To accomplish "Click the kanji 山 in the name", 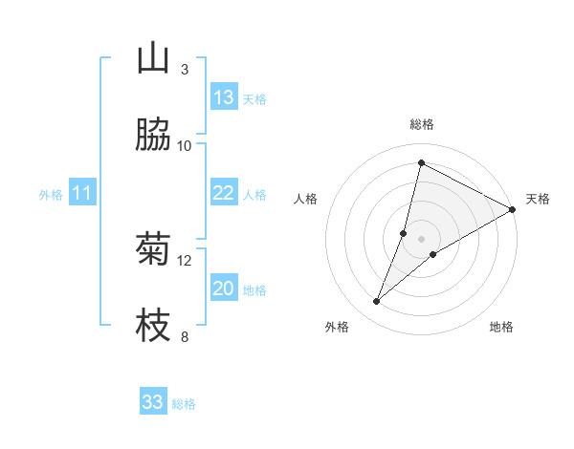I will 153,60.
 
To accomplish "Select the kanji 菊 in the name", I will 153,251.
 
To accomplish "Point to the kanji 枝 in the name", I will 153,327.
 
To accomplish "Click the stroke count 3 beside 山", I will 184,70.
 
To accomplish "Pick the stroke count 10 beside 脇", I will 185,145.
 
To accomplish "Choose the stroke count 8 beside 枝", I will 184,336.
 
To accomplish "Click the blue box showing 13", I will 224,97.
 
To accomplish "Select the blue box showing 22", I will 224,193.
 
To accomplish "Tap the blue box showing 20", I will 224,289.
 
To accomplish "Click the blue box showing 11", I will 82,193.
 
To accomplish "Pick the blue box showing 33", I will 153,402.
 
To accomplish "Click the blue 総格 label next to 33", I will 184,404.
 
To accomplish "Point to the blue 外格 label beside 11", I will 51,195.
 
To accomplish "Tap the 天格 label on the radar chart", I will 538,199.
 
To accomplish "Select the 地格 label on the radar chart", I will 501,327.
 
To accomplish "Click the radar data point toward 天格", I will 513,209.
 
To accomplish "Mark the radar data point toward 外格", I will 377,302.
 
